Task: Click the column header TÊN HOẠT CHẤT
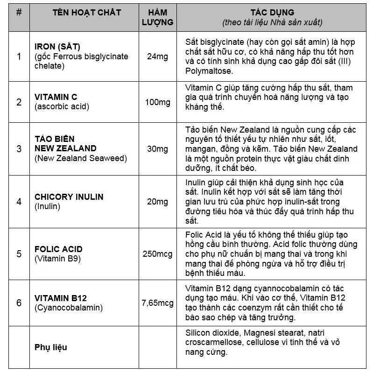86,13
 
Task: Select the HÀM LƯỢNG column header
157,17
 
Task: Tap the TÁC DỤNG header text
273,13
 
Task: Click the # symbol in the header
19,13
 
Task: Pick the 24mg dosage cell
157,56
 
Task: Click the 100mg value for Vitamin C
157,102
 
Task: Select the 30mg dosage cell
157,148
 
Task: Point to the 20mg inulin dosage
157,202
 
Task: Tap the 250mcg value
157,254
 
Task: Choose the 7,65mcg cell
157,303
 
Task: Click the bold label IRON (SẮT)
57,47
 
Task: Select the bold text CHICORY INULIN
69,197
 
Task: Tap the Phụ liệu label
51,347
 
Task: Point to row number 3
19,148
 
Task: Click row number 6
19,303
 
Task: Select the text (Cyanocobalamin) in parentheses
68,308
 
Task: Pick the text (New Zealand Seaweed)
80,158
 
